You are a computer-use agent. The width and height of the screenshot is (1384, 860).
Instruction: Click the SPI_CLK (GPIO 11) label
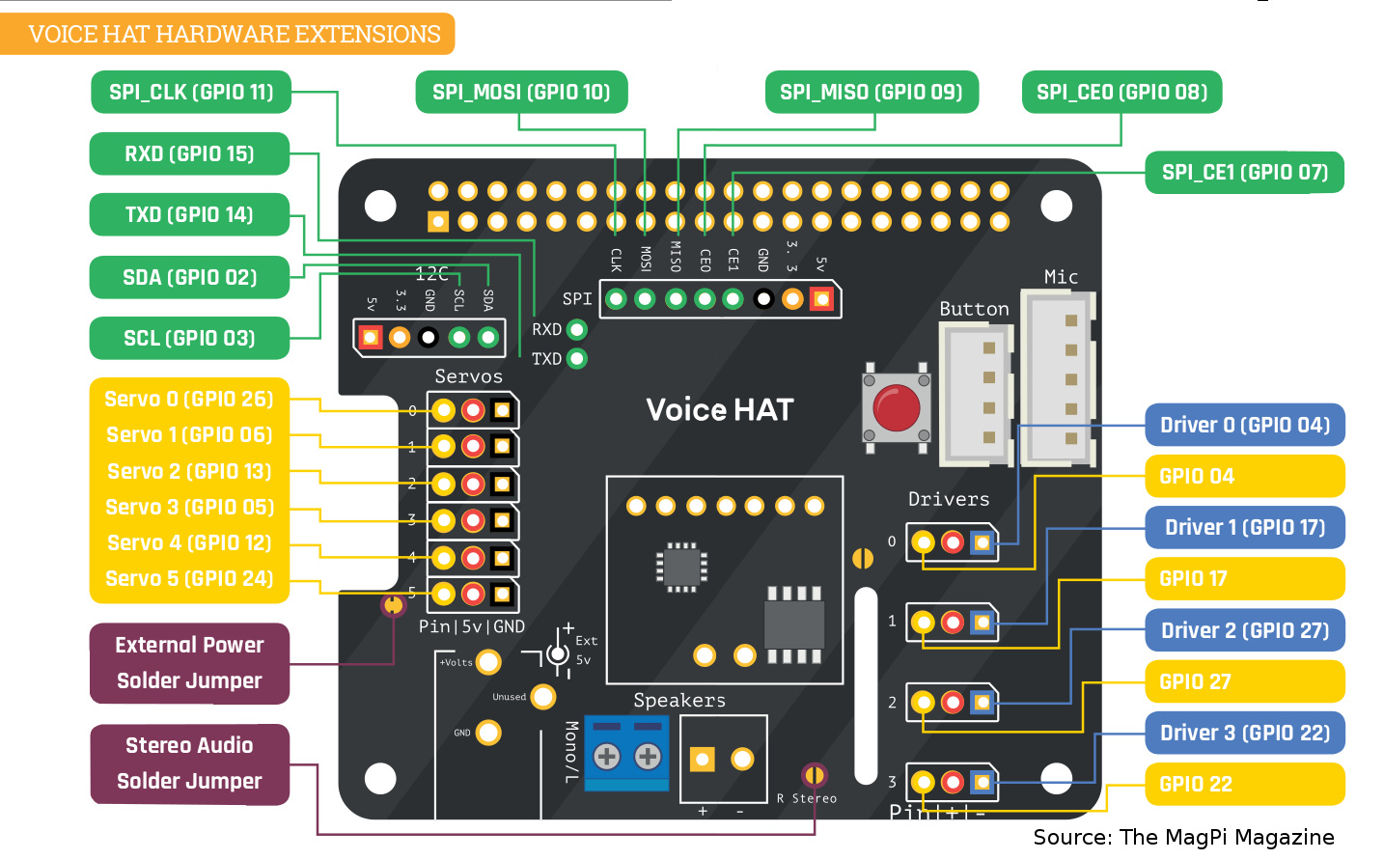pos(191,93)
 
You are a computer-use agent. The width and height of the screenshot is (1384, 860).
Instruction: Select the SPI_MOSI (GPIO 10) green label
pos(521,93)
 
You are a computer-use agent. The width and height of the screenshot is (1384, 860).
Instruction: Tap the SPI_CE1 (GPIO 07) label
pos(1244,173)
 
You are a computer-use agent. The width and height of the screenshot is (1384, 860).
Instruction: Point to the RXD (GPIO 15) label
pos(189,154)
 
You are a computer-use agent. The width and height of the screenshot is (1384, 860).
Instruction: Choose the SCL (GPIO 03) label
pos(189,339)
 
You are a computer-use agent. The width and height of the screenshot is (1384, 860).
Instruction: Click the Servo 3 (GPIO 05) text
pos(189,508)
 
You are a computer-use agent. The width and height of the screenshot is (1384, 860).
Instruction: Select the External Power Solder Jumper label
pos(189,663)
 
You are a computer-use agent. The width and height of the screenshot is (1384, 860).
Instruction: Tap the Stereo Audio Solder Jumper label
pos(189,763)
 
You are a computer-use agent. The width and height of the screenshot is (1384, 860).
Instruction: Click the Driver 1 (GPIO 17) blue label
pos(1244,528)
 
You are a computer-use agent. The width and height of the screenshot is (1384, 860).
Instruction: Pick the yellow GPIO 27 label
pos(1244,682)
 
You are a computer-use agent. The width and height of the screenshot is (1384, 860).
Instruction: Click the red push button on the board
pos(896,407)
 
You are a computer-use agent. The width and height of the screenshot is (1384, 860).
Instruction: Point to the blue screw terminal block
pos(626,754)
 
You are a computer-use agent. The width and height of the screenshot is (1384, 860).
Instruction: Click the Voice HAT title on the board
pos(719,410)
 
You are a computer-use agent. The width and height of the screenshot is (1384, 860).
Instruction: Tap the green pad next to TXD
pos(577,359)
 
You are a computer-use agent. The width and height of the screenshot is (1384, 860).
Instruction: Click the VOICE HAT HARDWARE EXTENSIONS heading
pos(234,35)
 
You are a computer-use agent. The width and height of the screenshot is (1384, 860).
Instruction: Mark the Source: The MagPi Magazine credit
pos(1183,838)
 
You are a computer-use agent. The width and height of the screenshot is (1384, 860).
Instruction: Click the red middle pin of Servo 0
pos(473,411)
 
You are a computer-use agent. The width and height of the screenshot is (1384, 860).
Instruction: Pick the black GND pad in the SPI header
pos(763,299)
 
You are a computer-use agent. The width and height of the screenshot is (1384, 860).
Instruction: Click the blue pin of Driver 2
pos(983,703)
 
